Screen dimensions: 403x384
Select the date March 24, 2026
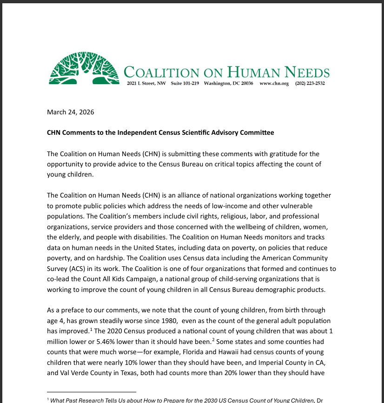71,112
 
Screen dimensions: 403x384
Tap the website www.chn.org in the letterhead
274,84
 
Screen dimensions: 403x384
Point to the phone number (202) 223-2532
310,84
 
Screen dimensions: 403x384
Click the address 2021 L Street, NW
146,84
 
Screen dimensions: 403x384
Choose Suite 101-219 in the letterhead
185,84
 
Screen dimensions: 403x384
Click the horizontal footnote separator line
92,392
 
